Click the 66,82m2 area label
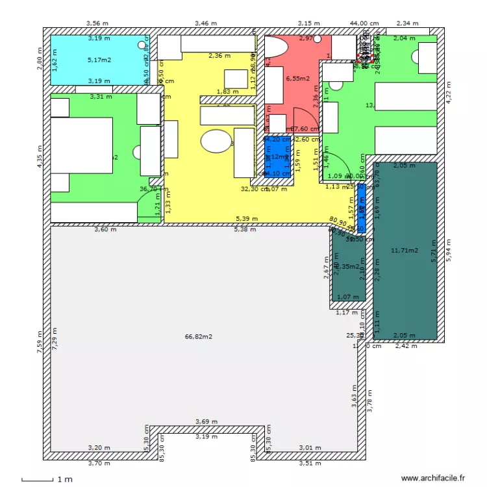coord(199,336)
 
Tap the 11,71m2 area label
coord(404,250)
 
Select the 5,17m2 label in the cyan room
coord(99,60)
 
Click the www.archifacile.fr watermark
coord(433,477)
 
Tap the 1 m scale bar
coord(45,479)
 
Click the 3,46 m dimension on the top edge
coord(206,23)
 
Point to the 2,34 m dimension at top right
coord(407,23)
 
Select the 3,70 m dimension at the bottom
coord(99,464)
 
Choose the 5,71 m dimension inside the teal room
coord(434,251)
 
